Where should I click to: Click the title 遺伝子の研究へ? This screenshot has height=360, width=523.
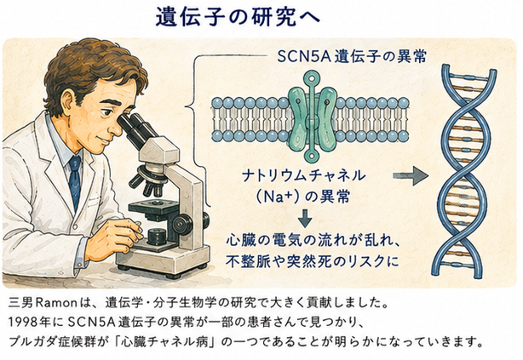(x=238, y=17)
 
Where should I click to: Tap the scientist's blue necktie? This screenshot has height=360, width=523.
(x=75, y=180)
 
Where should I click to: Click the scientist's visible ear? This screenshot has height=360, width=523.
(x=68, y=102)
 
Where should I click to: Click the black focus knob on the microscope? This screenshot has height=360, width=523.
(x=181, y=221)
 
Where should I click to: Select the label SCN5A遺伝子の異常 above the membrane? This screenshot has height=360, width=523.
(x=352, y=57)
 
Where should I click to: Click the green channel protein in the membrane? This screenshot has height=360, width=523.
(x=312, y=117)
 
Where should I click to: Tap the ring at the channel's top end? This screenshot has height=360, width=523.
(x=312, y=78)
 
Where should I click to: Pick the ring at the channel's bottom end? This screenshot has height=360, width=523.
(x=312, y=155)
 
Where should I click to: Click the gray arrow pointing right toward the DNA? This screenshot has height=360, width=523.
(x=411, y=175)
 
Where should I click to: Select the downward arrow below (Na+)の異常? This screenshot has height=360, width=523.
(x=305, y=219)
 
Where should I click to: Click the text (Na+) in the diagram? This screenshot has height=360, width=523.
(x=277, y=197)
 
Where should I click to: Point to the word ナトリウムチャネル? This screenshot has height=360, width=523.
(x=304, y=175)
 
